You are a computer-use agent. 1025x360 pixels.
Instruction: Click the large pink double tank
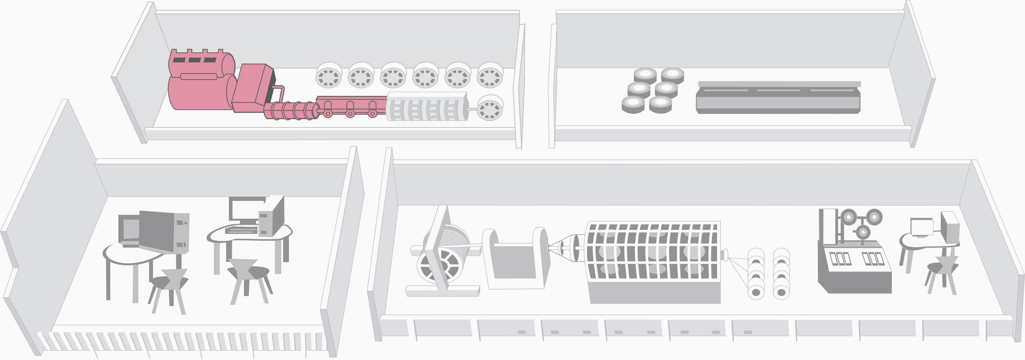click(199, 82)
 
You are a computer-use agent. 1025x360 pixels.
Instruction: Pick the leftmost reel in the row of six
click(329, 75)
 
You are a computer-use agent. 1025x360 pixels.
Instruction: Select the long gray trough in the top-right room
click(778, 98)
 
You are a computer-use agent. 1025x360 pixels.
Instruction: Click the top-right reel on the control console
click(874, 217)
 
